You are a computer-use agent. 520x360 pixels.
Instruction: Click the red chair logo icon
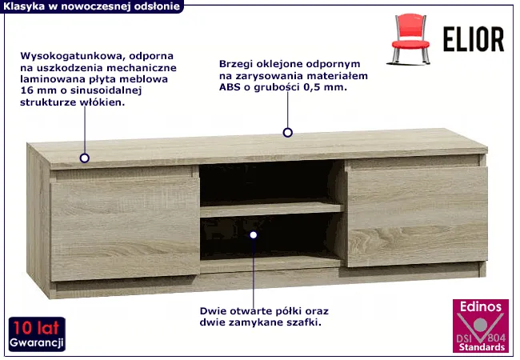pos(409,39)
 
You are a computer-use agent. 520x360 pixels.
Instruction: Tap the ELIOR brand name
pos(474,39)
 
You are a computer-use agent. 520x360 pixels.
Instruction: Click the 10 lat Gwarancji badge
pos(37,334)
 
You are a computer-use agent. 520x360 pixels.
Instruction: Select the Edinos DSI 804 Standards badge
pos(481,326)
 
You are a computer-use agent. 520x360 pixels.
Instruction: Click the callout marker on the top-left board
pos(85,158)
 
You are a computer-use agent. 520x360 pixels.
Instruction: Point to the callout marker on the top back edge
pos(287,133)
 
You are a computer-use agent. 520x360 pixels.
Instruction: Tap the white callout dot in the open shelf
pos(254,234)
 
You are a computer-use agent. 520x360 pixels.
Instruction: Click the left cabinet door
pos(125,229)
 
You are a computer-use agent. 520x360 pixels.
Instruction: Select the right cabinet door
pos(417,217)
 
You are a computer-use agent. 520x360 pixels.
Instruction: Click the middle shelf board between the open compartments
pos(271,210)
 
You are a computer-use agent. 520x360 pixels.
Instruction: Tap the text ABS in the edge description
pos(230,87)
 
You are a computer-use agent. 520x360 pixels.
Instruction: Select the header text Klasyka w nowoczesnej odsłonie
pos(91,6)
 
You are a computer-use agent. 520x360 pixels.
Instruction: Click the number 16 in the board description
pos(26,90)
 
